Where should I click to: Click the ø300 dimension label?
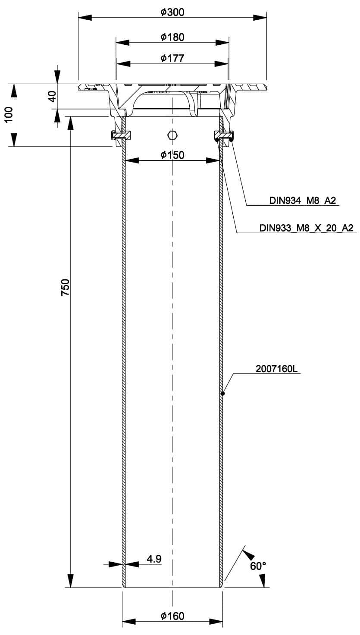click(172, 12)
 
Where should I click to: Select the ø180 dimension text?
click(172, 37)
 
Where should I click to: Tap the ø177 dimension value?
click(172, 58)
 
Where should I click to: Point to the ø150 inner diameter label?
click(172, 155)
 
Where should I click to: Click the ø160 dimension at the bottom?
click(172, 616)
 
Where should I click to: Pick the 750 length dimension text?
click(65, 288)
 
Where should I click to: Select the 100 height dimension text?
click(9, 115)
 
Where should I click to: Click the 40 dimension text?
click(52, 96)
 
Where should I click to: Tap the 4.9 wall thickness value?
click(154, 559)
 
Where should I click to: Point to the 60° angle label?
click(258, 566)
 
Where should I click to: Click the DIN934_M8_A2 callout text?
click(302, 200)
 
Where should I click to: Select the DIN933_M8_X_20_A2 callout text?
click(306, 228)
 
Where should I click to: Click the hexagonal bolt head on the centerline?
click(172, 135)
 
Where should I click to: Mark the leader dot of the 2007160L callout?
click(222, 393)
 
